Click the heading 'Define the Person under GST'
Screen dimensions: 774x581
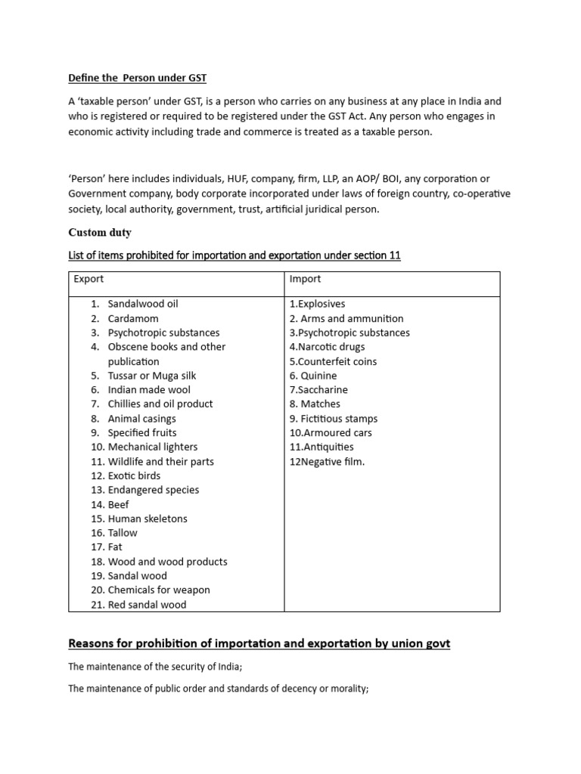(x=137, y=78)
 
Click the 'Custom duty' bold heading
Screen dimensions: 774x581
(x=101, y=234)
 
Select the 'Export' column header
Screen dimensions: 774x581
(x=89, y=279)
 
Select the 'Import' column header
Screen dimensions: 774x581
(x=305, y=279)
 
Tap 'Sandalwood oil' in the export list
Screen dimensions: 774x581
(x=143, y=304)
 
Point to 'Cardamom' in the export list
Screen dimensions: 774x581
(x=133, y=318)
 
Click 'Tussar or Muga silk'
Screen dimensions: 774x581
(x=152, y=376)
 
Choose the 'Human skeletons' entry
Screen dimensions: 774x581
(x=148, y=519)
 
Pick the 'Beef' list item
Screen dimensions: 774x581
(x=119, y=504)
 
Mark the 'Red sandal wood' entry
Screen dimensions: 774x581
(x=147, y=605)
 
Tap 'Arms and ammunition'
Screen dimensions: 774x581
(x=346, y=318)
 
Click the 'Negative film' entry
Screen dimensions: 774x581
(x=327, y=461)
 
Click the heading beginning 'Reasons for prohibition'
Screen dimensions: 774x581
(x=259, y=644)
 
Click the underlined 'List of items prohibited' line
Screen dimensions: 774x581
(x=235, y=256)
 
